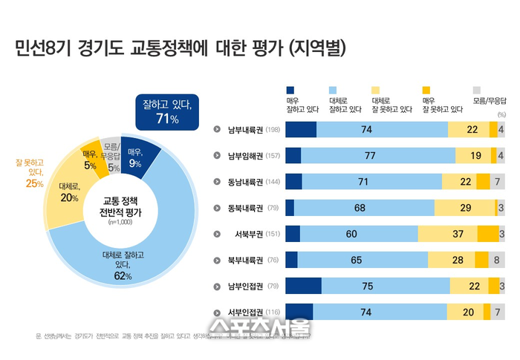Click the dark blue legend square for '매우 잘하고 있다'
coord(290,88)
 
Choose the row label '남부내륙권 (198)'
coord(253,130)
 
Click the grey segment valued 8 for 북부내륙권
coord(496,261)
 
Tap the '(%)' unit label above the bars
coord(501,115)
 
